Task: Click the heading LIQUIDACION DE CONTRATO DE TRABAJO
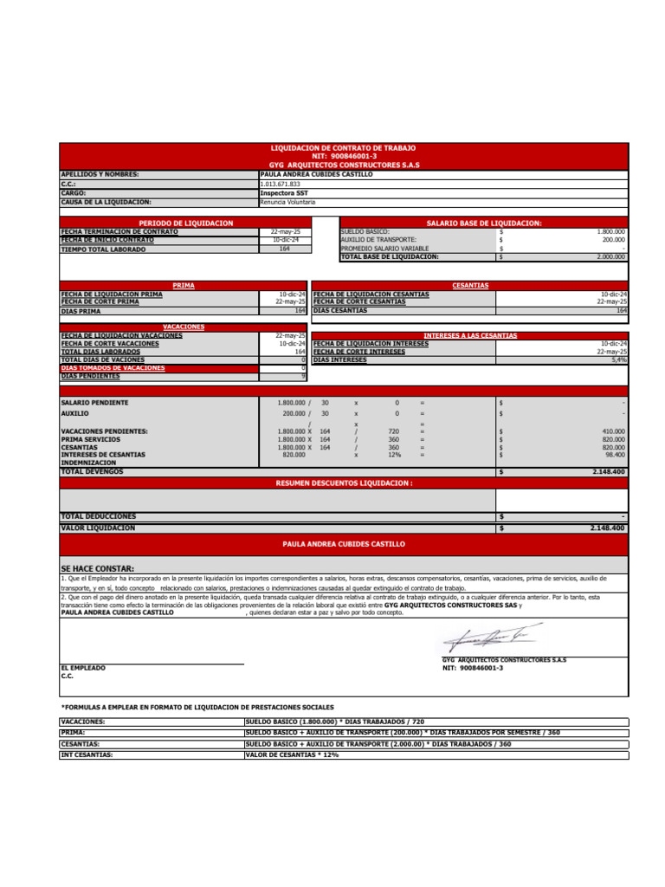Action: (344, 149)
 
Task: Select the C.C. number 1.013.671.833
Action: (280, 185)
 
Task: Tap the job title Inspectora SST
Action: (283, 193)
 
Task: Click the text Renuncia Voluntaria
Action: (287, 202)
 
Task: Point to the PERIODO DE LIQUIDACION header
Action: (185, 223)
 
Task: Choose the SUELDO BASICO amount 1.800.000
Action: (610, 232)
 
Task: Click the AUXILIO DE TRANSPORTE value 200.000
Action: (613, 240)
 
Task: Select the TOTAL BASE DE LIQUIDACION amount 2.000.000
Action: (610, 257)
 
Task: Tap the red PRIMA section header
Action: (184, 285)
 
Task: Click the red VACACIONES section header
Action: (184, 327)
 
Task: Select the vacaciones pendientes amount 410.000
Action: (613, 431)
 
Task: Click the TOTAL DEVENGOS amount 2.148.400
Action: (609, 472)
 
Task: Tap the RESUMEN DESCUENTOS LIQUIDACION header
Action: (344, 483)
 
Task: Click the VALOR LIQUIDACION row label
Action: (98, 528)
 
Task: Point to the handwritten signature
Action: (484, 639)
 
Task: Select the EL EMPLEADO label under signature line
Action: (83, 668)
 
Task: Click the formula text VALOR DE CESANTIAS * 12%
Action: (292, 754)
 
